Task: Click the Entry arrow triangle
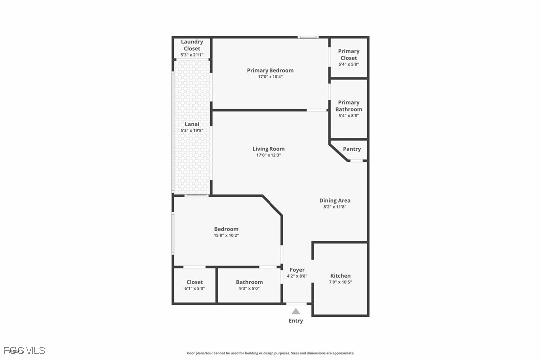pyautogui.click(x=296, y=311)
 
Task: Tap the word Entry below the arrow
pyautogui.click(x=296, y=321)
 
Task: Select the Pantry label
pyautogui.click(x=352, y=149)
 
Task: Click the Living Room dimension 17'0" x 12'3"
pyautogui.click(x=269, y=155)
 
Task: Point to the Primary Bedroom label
pyautogui.click(x=270, y=70)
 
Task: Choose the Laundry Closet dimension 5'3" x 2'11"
pyautogui.click(x=192, y=55)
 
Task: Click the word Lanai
pyautogui.click(x=192, y=124)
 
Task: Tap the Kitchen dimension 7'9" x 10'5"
pyautogui.click(x=340, y=282)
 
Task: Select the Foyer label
pyautogui.click(x=297, y=270)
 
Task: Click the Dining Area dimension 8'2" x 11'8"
pyautogui.click(x=335, y=207)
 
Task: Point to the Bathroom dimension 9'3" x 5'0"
pyautogui.click(x=249, y=289)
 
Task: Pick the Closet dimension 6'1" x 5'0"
pyautogui.click(x=195, y=289)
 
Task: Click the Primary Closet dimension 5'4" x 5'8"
pyautogui.click(x=349, y=65)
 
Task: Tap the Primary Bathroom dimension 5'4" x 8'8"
pyautogui.click(x=349, y=116)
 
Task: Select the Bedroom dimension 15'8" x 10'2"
pyautogui.click(x=226, y=235)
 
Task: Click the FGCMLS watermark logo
pyautogui.click(x=25, y=351)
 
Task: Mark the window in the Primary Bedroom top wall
pyautogui.click(x=308, y=37)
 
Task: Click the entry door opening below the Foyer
pyautogui.click(x=297, y=304)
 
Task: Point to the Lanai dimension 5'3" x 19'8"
pyautogui.click(x=192, y=130)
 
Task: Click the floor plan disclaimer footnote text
pyautogui.click(x=270, y=353)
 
